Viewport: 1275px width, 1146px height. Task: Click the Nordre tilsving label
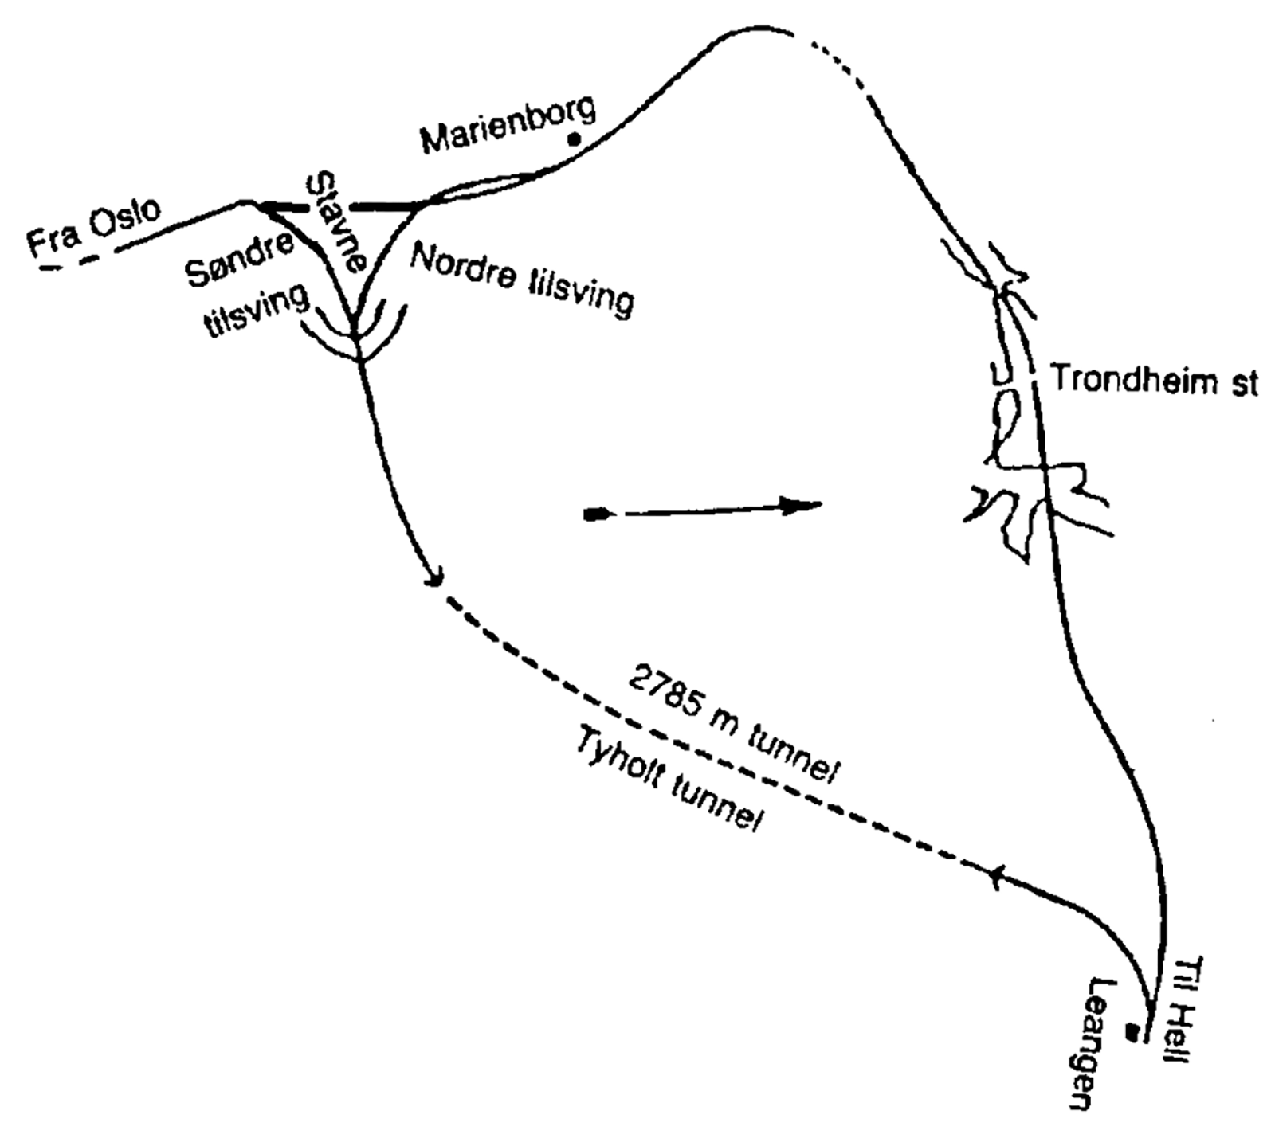pos(523,280)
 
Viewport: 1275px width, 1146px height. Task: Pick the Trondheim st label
pos(1155,380)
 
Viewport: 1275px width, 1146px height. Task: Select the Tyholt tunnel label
pos(668,780)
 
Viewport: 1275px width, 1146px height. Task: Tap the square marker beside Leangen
pos(1132,1032)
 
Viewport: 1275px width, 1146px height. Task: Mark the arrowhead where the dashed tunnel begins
pos(434,577)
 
